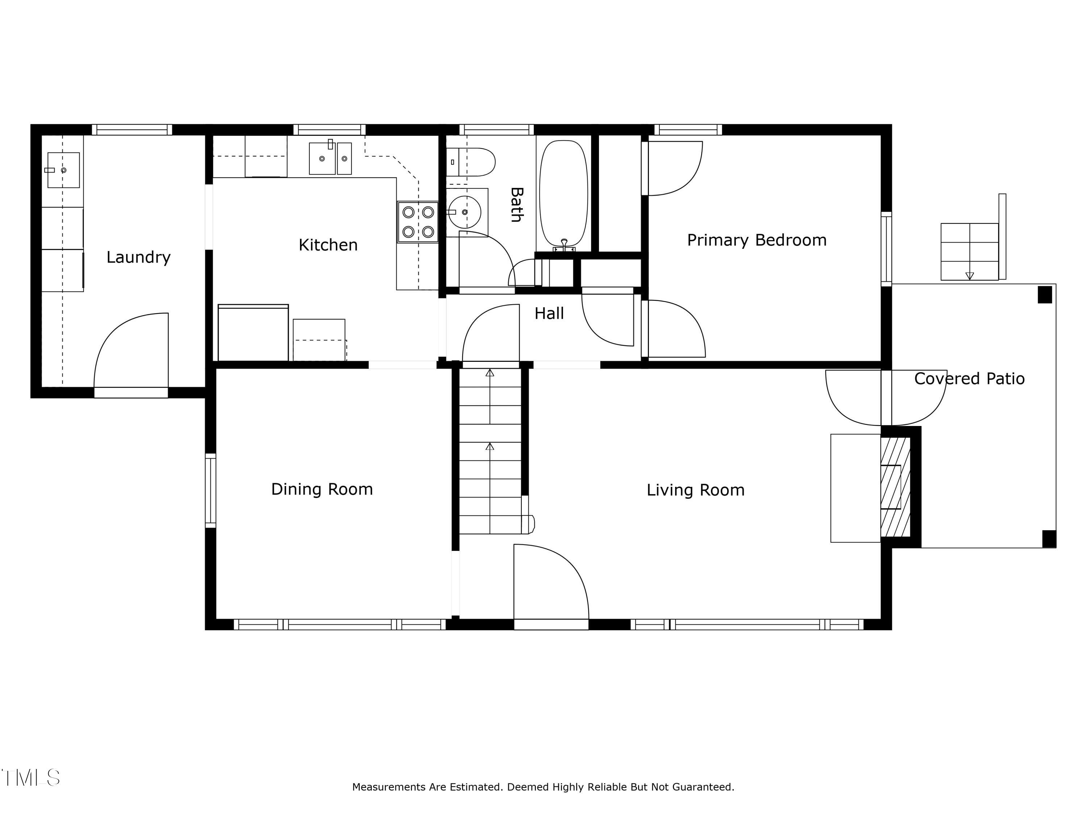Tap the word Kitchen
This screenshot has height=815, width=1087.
pos(328,244)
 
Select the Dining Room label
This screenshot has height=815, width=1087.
pos(322,489)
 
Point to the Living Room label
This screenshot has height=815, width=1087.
pos(695,490)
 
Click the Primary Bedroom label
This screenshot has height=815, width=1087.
pos(757,240)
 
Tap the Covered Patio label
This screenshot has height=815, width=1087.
pos(970,379)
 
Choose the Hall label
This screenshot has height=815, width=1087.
pos(549,313)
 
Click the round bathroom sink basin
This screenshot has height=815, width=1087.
pos(465,212)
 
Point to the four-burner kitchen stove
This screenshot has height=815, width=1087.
pos(418,222)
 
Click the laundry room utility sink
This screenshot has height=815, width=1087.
pos(63,170)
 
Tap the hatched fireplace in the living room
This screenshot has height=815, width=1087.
pos(895,487)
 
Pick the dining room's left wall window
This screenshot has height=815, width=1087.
pos(210,490)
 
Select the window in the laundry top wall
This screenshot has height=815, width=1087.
pos(132,130)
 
